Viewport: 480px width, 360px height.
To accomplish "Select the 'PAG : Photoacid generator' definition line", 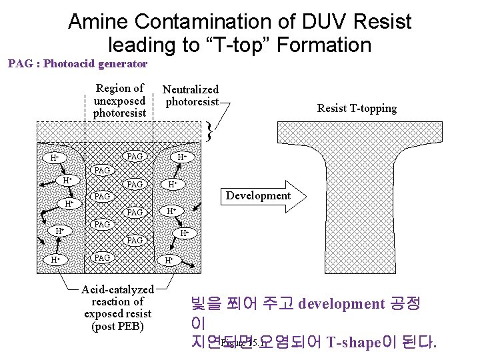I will pos(77,64).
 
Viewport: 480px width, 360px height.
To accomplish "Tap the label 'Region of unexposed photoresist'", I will pos(119,100).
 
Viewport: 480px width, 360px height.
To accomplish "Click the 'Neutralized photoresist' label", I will pos(191,95).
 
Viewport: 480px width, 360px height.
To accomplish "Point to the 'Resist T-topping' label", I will pos(357,108).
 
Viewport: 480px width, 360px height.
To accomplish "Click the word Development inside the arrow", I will pos(258,195).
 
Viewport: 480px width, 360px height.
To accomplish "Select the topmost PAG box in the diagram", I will pos(135,156).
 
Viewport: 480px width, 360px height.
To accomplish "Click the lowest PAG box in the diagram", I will pos(102,257).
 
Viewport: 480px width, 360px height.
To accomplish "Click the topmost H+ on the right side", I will pos(181,157).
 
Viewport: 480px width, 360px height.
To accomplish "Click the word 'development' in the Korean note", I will pos(341,304).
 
